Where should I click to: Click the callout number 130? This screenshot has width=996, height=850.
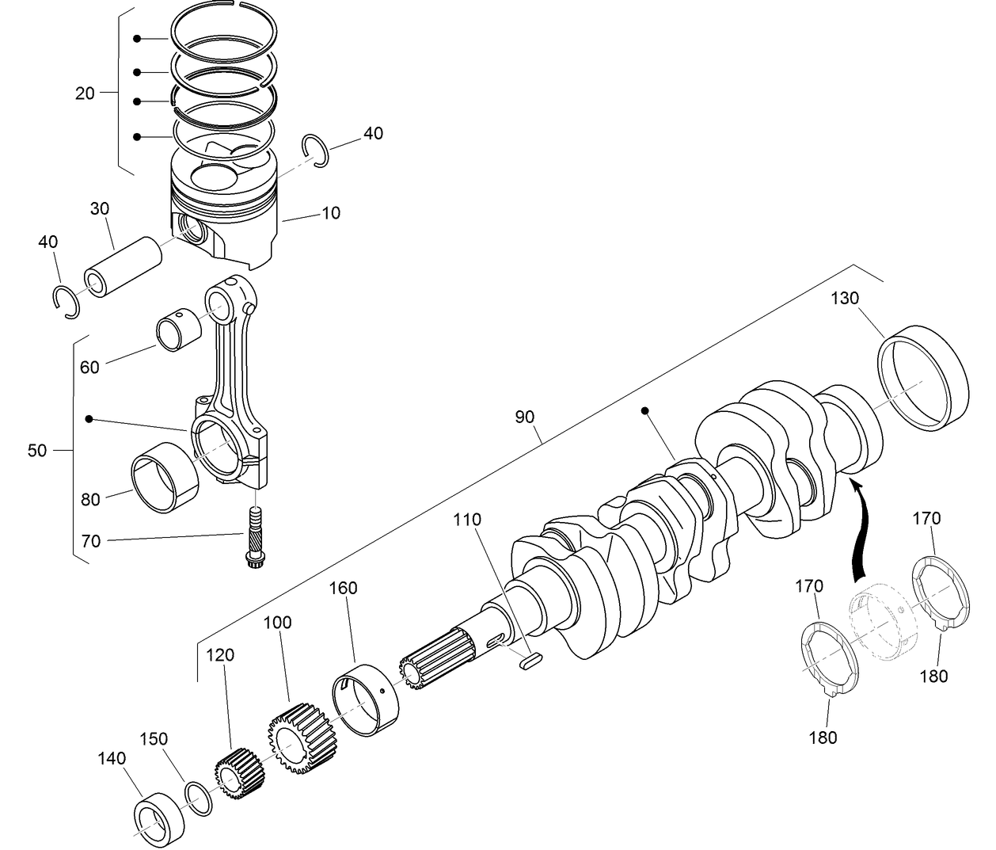(845, 299)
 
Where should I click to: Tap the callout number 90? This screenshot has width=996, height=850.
(524, 417)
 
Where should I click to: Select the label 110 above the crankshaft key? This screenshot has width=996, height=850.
(467, 520)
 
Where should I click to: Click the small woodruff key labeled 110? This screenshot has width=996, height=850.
(530, 659)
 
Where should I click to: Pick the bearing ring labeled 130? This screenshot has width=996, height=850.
(924, 378)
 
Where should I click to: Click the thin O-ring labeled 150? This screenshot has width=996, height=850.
(199, 797)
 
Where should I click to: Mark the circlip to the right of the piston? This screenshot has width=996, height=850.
(316, 151)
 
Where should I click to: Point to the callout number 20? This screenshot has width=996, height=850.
(85, 93)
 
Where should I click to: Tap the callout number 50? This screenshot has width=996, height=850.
(37, 451)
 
